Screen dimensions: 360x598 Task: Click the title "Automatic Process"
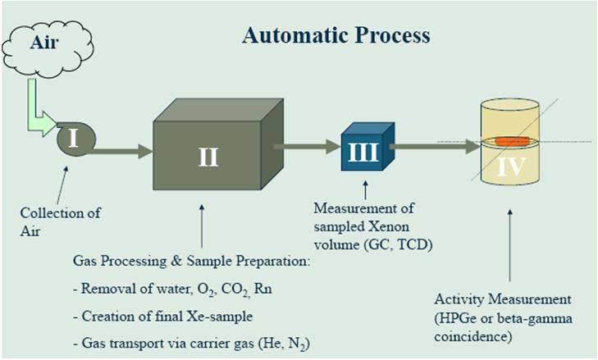336,36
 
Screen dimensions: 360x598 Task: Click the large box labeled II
208,155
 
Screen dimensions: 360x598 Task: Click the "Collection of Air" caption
60,222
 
